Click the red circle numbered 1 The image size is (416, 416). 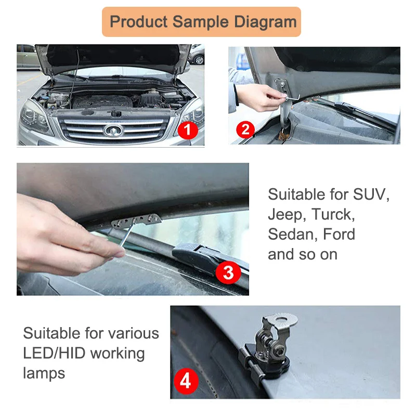coord(188,130)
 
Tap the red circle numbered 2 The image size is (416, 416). coord(245,129)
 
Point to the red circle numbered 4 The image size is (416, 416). coord(186,382)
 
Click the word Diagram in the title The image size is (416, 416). coord(265,22)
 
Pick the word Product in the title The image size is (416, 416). coord(138,22)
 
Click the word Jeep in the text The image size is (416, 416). coord(287,215)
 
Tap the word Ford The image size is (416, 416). coord(339,234)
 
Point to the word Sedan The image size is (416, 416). coord(293,235)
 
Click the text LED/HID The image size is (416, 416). coord(54,353)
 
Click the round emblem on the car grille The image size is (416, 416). coord(113,131)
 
